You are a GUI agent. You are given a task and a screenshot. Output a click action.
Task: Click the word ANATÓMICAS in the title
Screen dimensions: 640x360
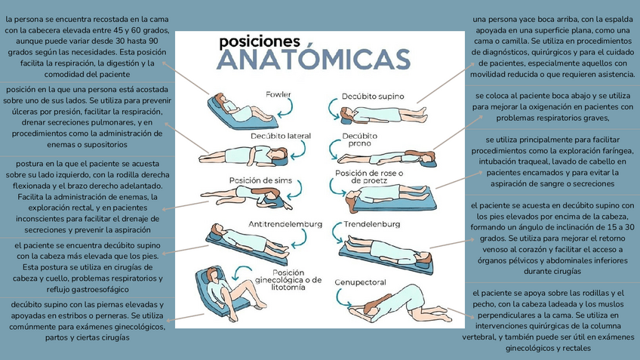(313, 59)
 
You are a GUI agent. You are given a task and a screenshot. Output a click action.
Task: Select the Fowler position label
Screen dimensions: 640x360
(278, 94)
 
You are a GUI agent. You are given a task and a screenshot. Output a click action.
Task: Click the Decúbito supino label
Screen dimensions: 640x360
(372, 97)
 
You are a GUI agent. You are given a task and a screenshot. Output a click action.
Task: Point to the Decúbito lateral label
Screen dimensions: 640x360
(281, 136)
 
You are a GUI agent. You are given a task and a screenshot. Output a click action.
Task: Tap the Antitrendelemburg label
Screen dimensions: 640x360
(285, 224)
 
